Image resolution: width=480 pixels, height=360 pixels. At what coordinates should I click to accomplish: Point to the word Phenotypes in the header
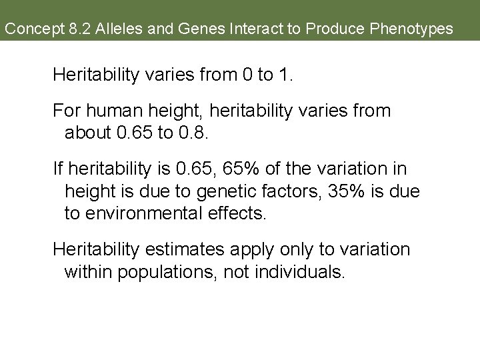pyautogui.click(x=412, y=29)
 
